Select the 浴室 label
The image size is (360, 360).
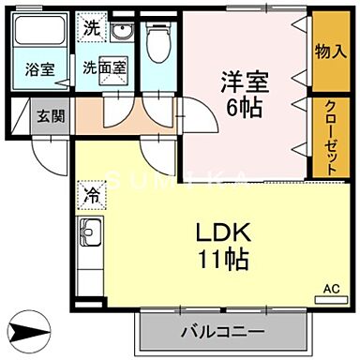coord(39,68)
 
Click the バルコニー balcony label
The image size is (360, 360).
coord(221,331)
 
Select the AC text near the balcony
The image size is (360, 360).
coord(331,288)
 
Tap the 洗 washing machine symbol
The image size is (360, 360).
coord(90,28)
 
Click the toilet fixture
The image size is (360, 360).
coord(158,40)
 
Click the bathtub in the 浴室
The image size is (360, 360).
coord(39,37)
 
